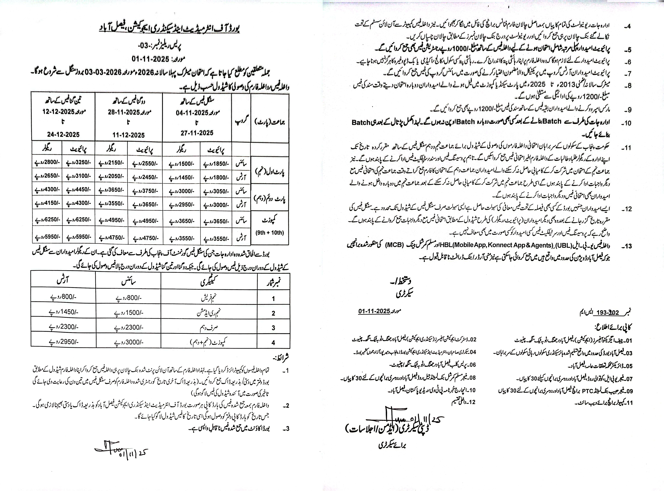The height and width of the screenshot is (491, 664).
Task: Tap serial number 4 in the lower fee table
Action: (273, 342)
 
